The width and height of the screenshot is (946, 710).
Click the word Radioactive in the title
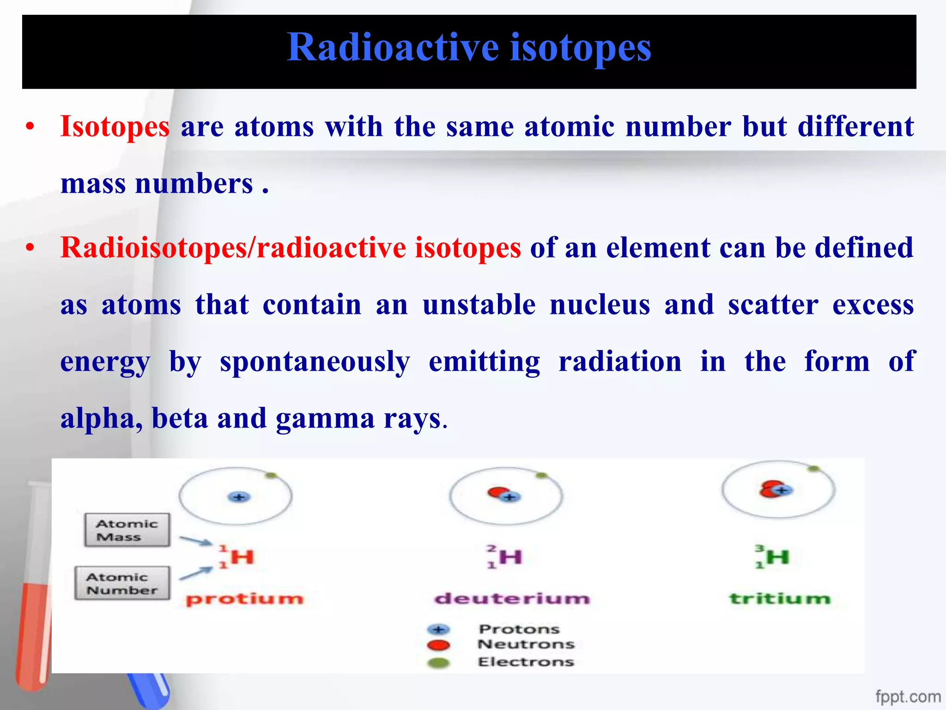pyautogui.click(x=393, y=48)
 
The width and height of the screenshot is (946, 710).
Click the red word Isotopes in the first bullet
pyautogui.click(x=115, y=127)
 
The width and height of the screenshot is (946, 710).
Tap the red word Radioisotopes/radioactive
pyautogui.click(x=233, y=248)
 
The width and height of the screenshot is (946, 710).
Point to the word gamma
pyautogui.click(x=325, y=419)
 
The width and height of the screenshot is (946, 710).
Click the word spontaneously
pyautogui.click(x=315, y=362)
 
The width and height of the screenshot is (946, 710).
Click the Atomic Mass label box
pyautogui.click(x=127, y=530)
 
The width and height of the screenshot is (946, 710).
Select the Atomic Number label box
pyautogui.click(x=122, y=583)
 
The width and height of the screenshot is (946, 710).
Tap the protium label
pyautogui.click(x=245, y=599)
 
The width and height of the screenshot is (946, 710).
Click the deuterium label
pyautogui.click(x=512, y=599)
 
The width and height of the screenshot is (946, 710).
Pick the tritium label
pyautogui.click(x=780, y=599)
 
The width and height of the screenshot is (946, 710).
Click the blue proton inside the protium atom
pyautogui.click(x=239, y=497)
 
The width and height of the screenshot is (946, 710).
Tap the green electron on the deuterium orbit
pyautogui.click(x=541, y=476)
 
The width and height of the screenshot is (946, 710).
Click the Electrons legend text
pyautogui.click(x=526, y=662)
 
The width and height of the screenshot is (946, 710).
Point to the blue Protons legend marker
pyautogui.click(x=438, y=630)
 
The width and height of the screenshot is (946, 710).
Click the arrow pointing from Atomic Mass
pyautogui.click(x=195, y=541)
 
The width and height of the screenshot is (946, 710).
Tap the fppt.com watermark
pyautogui.click(x=908, y=697)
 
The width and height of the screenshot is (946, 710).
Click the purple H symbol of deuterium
pyautogui.click(x=510, y=557)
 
